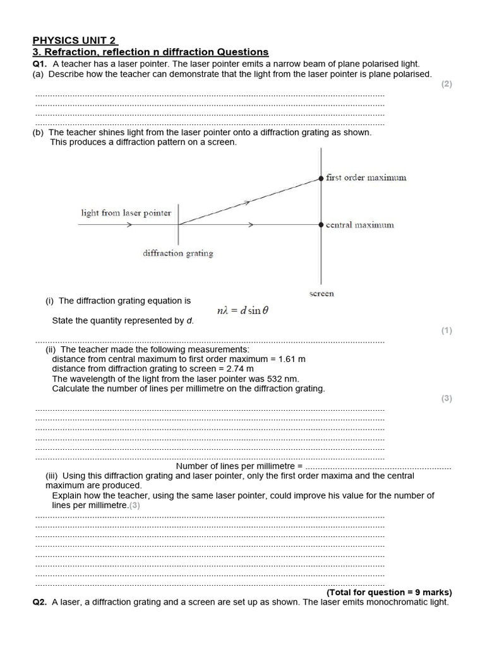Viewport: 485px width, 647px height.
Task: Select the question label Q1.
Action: coord(40,64)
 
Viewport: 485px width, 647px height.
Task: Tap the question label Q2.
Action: coord(40,602)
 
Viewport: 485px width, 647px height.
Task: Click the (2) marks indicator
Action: coord(446,84)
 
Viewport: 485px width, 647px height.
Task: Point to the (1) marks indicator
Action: coord(446,330)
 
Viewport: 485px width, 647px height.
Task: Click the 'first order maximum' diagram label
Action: coord(366,178)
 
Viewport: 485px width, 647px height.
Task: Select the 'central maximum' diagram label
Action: coord(359,225)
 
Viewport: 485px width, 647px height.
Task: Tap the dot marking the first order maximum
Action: coord(321,178)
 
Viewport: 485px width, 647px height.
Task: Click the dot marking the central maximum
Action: coord(321,224)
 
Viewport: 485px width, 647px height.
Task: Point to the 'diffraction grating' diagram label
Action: coord(177,253)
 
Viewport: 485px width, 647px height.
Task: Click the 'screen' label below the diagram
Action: coord(321,293)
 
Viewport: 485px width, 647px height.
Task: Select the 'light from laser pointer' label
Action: coord(126,213)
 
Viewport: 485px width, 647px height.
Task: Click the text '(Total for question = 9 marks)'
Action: coord(389,593)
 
